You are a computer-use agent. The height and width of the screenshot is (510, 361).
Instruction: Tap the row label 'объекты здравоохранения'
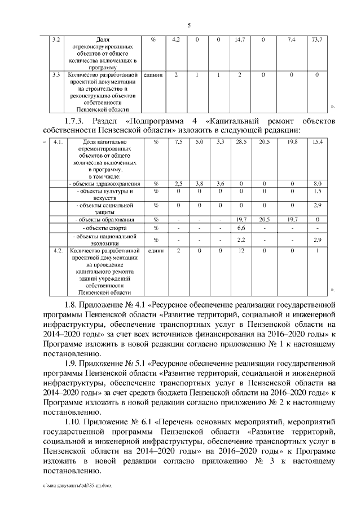pos(100,184)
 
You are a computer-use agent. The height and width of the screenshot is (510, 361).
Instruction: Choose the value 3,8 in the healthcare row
pos(199,184)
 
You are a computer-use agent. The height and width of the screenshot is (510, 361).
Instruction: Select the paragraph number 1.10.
pos(76,420)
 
